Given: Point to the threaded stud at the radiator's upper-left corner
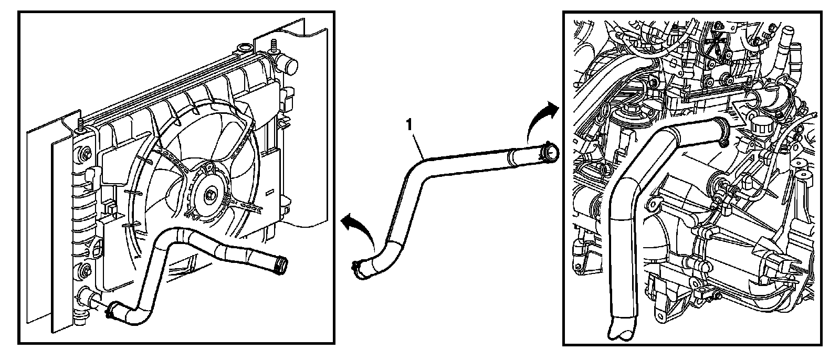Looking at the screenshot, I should [x=80, y=124].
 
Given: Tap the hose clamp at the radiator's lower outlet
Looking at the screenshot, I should [x=111, y=312].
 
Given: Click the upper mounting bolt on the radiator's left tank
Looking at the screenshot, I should [x=83, y=155].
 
